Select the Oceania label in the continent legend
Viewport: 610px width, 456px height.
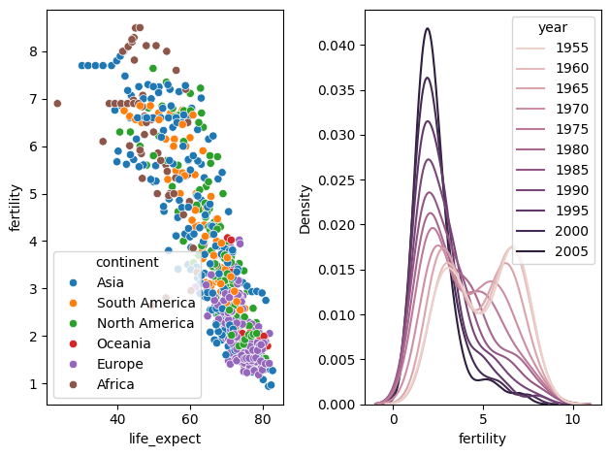pyautogui.click(x=124, y=343)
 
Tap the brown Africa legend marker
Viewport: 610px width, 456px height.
pyautogui.click(x=73, y=384)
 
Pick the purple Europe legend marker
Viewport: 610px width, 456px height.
pyautogui.click(x=73, y=364)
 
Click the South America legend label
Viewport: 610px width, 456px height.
pyautogui.click(x=145, y=303)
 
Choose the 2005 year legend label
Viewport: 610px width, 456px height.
pyautogui.click(x=571, y=251)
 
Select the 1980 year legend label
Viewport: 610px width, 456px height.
pyautogui.click(x=571, y=149)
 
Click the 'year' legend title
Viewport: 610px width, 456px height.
pyautogui.click(x=553, y=27)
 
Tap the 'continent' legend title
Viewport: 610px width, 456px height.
pyautogui.click(x=127, y=262)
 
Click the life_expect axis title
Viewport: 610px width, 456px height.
pyautogui.click(x=165, y=439)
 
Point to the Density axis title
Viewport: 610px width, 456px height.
pyautogui.click(x=305, y=210)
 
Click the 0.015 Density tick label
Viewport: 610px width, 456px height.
pyautogui.click(x=337, y=270)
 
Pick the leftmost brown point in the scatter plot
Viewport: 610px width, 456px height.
pyautogui.click(x=57, y=104)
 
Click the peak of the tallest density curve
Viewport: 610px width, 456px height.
pyautogui.click(x=428, y=28)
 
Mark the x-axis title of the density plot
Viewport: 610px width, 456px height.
pyautogui.click(x=482, y=439)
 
